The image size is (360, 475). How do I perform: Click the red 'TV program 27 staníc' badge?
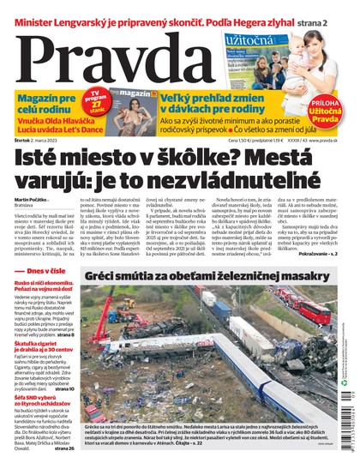[98, 101]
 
